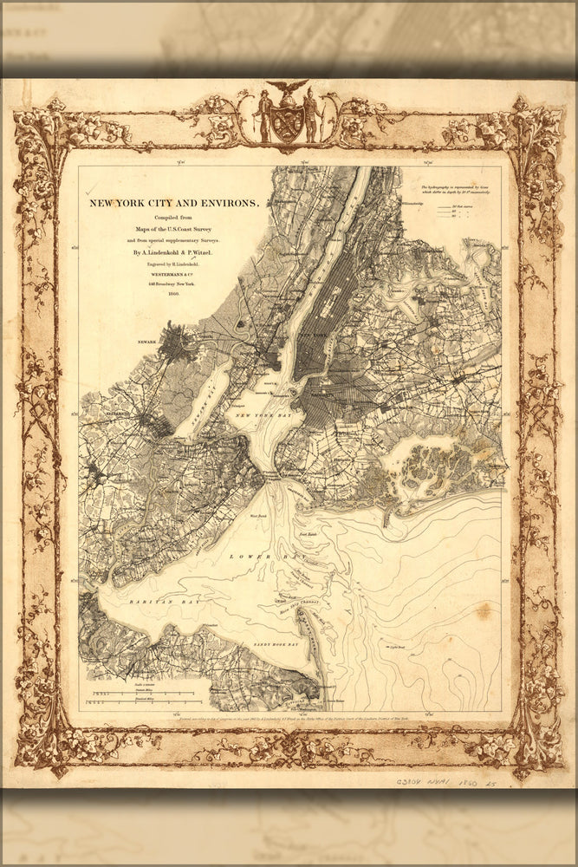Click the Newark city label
point(146,342)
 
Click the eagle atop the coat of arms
point(288,88)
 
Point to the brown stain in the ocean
point(484,611)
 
